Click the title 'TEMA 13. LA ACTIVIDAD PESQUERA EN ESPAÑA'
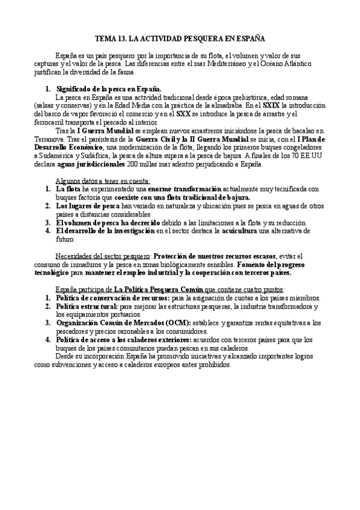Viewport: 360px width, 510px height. pyautogui.click(x=180, y=37)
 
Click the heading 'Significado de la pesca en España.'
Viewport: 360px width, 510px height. pyautogui.click(x=108, y=88)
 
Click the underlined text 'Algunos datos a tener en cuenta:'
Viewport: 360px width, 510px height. pyautogui.click(x=103, y=180)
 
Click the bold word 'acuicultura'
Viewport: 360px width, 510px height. pyautogui.click(x=280, y=230)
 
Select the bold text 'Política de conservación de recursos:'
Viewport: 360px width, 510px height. pyautogui.click(x=112, y=298)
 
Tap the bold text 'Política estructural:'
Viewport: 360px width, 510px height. pyautogui.click(x=85, y=306)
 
